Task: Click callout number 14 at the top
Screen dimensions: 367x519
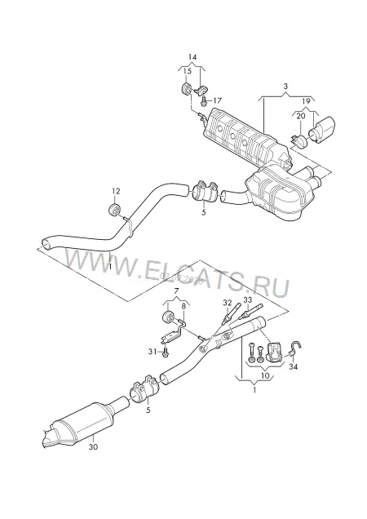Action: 192,57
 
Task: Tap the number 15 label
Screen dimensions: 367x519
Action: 188,71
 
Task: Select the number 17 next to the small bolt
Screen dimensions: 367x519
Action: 217,100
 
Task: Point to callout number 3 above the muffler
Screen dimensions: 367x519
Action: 285,86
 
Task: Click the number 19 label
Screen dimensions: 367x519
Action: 306,101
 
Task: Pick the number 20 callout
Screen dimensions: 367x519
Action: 300,116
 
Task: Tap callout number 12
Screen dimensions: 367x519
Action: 116,191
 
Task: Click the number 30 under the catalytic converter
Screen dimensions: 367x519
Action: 93,447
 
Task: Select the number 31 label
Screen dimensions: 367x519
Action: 153,352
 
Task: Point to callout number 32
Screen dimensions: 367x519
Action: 228,302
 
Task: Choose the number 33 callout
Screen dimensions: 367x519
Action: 248,299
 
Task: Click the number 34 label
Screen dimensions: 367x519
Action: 294,366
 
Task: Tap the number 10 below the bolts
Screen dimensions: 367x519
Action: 265,375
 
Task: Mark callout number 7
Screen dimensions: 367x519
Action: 176,291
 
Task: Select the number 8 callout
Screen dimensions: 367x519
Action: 184,306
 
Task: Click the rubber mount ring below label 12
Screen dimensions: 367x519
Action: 115,211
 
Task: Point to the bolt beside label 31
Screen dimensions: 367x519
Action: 166,352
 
